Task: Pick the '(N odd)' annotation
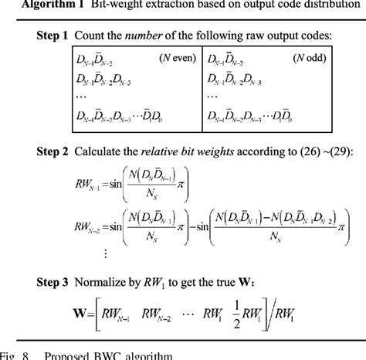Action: tap(310, 59)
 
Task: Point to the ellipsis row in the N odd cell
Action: tap(213, 99)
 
